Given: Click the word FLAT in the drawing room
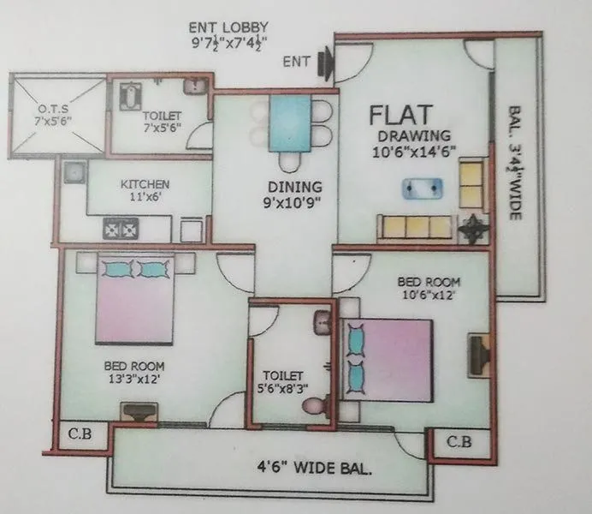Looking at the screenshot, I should pos(401,115).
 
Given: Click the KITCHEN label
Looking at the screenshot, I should pos(144,184).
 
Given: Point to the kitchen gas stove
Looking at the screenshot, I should pos(121,229).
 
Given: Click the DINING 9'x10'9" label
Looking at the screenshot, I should pos(293,194).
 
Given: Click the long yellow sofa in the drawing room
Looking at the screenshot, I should pos(415,226).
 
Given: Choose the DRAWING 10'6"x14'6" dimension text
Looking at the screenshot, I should pos(415,144).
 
